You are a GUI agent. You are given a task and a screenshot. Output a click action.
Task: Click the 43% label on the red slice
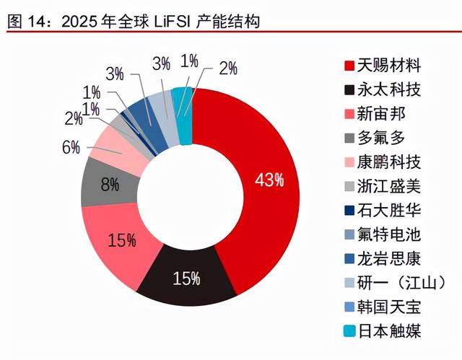coord(268,181)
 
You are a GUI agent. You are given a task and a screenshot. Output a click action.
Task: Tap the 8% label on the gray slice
coord(110,185)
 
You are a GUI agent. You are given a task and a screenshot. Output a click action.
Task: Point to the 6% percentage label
coord(71,148)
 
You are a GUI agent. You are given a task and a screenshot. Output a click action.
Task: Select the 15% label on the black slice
coord(186,278)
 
